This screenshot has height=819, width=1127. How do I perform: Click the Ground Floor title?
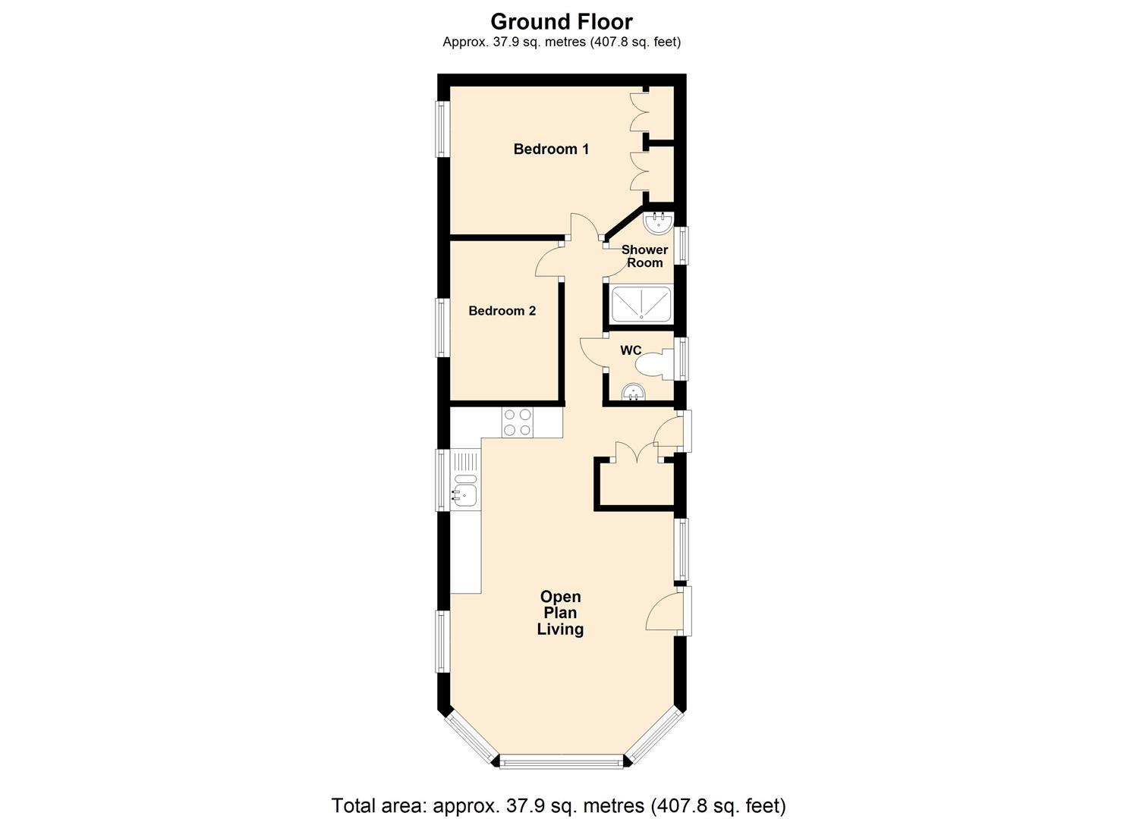pyautogui.click(x=561, y=20)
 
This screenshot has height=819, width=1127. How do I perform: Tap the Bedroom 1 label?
pyautogui.click(x=551, y=149)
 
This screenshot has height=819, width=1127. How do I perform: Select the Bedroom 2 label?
pyautogui.click(x=502, y=311)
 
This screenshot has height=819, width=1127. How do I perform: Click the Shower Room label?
pyautogui.click(x=644, y=256)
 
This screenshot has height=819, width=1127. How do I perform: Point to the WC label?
pyautogui.click(x=631, y=350)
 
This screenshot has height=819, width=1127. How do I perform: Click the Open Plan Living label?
pyautogui.click(x=560, y=613)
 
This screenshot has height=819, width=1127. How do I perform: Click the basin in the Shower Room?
pyautogui.click(x=658, y=221)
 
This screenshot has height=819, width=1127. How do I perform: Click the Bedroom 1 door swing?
pyautogui.click(x=585, y=227)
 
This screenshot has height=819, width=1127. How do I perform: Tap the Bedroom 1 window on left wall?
pyautogui.click(x=442, y=129)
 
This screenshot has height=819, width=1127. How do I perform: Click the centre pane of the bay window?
pyautogui.click(x=562, y=761)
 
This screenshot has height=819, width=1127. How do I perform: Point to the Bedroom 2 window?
pyautogui.click(x=442, y=328)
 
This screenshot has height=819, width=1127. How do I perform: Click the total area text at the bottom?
pyautogui.click(x=559, y=805)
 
